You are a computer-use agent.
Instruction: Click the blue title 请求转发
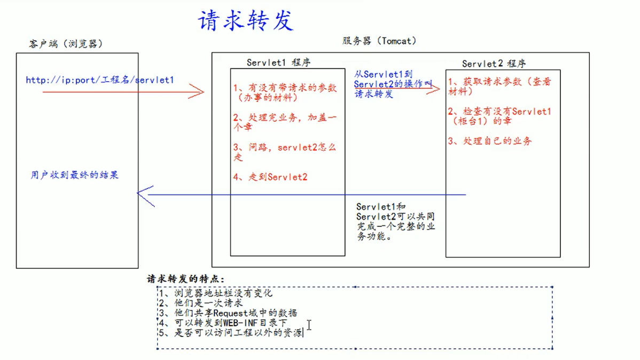(246, 21)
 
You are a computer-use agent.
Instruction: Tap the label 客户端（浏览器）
(66, 44)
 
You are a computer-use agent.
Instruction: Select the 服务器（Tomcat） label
(379, 41)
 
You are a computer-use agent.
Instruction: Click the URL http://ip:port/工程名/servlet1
(100, 80)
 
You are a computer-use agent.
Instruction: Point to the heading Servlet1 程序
(278, 62)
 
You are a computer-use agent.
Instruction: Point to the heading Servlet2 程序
(494, 64)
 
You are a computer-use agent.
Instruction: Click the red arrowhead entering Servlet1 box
(199, 92)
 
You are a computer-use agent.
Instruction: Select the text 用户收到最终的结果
(74, 175)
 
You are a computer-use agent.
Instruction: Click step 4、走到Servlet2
(270, 177)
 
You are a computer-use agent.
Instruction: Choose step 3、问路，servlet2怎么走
(284, 152)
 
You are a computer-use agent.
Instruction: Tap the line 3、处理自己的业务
(490, 141)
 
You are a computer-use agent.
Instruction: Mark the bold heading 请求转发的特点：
(186, 279)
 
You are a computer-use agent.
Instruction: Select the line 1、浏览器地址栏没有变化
(216, 293)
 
